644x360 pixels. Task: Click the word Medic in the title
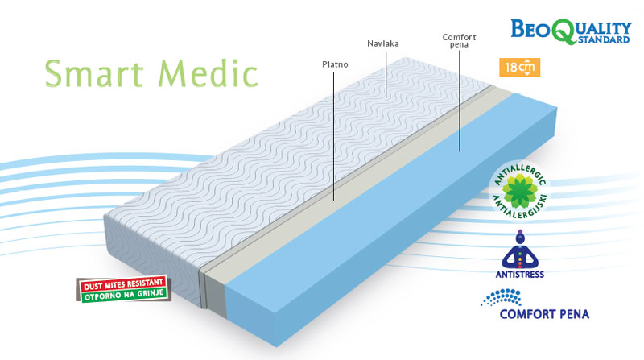pyautogui.click(x=208, y=72)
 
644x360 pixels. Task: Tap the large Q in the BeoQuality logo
pyautogui.click(x=565, y=30)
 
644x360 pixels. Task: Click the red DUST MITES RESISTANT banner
pyautogui.click(x=122, y=284)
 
